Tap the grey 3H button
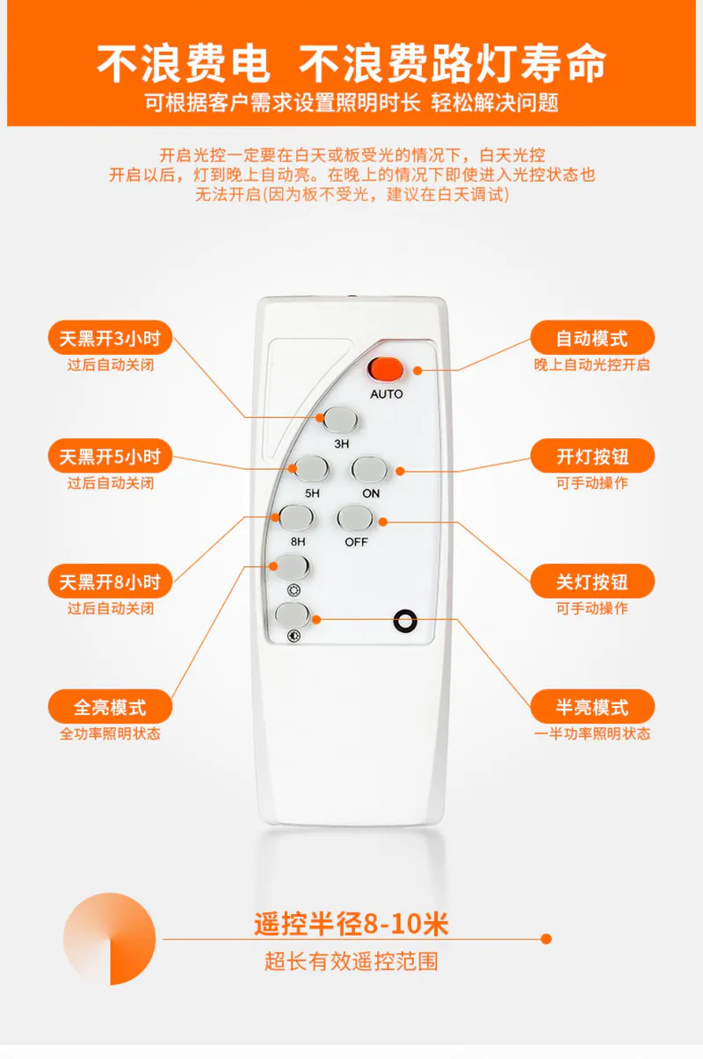(340, 419)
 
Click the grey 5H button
(311, 469)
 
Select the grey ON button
(369, 469)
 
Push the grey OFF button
(355, 518)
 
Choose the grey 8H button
(296, 517)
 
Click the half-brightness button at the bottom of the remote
(293, 615)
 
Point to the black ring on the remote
(405, 620)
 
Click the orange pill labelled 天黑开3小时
(110, 337)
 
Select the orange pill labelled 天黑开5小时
(110, 456)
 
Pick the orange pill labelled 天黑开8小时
(110, 581)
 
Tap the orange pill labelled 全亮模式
(110, 706)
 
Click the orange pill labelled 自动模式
(592, 337)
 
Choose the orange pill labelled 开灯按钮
(592, 456)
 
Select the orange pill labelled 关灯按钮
(592, 581)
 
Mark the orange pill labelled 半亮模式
(592, 706)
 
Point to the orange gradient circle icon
(110, 939)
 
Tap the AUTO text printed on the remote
(387, 393)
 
